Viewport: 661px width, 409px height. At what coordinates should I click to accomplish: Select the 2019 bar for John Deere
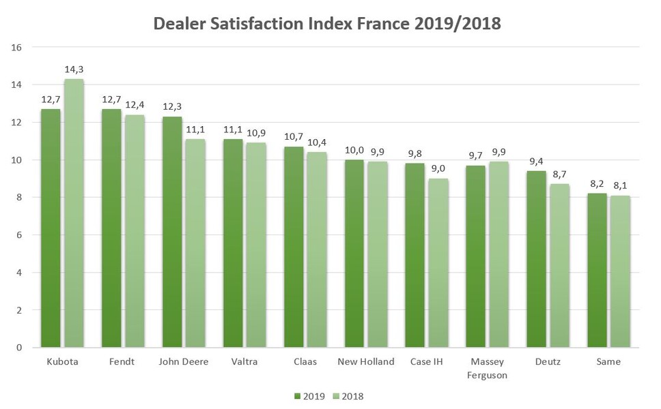(x=172, y=232)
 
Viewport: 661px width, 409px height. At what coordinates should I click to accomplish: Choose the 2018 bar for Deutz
(x=559, y=265)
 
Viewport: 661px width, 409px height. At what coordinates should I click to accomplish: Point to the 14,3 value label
(x=74, y=70)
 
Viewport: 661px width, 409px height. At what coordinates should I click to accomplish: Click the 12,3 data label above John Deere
(x=172, y=108)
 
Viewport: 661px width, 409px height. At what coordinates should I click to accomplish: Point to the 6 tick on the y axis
(x=20, y=235)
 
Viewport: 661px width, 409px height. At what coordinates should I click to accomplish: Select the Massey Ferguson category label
(x=488, y=367)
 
